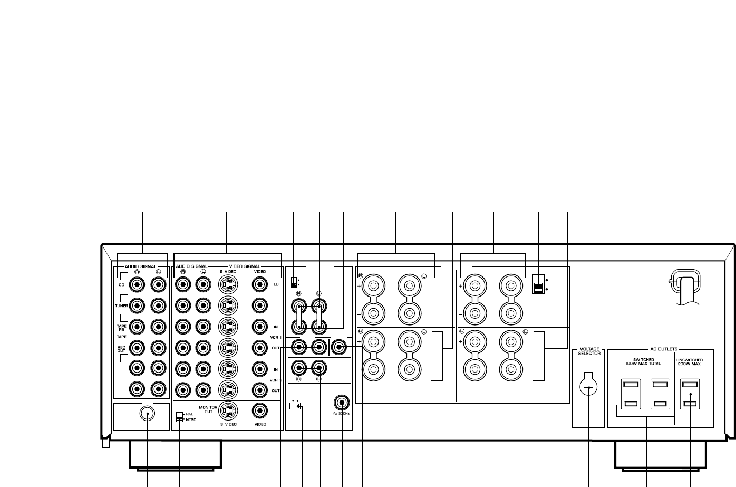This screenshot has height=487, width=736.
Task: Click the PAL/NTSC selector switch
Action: tap(179, 417)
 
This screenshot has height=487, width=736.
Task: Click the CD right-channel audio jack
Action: tap(138, 285)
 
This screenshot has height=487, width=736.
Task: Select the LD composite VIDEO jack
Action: tap(259, 285)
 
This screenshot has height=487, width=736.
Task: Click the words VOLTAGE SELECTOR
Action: tap(589, 351)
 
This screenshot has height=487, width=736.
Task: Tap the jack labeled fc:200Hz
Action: tap(342, 403)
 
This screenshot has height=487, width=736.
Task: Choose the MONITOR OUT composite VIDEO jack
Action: tap(259, 410)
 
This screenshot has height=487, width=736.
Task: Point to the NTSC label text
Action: tap(189, 420)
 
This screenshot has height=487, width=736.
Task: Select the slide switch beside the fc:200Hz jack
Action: tap(296, 406)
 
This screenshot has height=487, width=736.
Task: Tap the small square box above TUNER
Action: tap(124, 298)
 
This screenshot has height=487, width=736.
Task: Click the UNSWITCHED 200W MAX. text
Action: tap(689, 362)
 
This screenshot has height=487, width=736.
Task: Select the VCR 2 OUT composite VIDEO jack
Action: tap(259, 389)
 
